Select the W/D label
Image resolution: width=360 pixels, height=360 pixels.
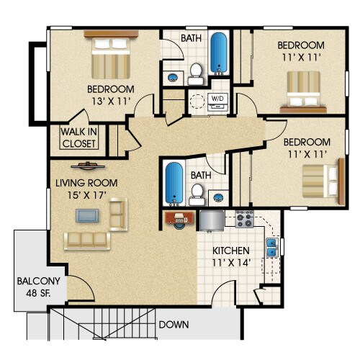[217, 98]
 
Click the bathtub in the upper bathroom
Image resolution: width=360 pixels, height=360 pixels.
[219, 51]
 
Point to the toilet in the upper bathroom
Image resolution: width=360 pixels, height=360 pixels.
[194, 71]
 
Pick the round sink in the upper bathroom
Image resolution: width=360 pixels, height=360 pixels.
[173, 75]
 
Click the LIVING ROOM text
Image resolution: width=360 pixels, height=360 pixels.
[86, 184]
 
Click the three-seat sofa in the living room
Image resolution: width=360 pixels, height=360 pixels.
[86, 240]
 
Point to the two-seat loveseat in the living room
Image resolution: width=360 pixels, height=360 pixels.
[117, 213]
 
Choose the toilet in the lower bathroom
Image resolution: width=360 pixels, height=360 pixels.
[195, 192]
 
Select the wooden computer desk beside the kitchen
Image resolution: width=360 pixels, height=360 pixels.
[177, 216]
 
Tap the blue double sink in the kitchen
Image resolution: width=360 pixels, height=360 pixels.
[273, 249]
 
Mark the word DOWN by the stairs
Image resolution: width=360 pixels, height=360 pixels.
[174, 325]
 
